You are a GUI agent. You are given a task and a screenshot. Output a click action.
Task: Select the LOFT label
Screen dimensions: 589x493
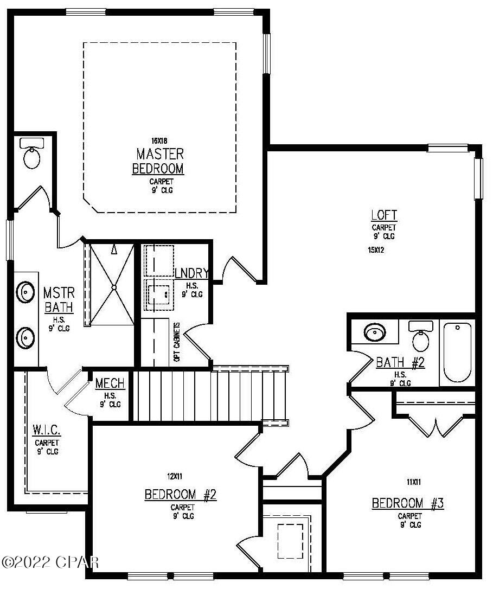(384, 215)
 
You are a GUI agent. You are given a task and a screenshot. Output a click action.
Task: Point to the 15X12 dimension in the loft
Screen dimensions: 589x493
(376, 250)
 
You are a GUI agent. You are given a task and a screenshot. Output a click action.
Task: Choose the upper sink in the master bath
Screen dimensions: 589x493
(26, 292)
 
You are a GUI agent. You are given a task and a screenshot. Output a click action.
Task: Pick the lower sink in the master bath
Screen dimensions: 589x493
(26, 338)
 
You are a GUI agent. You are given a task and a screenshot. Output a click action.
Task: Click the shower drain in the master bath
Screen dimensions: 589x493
(114, 286)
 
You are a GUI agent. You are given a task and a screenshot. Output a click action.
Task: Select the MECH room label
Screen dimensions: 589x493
(110, 383)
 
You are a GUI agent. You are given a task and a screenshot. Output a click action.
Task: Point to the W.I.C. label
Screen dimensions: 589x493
(46, 430)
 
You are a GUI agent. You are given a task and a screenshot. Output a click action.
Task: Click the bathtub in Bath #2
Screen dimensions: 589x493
(459, 352)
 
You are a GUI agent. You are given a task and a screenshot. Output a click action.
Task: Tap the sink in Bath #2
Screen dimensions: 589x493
(374, 332)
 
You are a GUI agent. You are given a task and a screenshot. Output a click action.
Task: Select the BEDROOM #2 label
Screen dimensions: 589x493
(181, 495)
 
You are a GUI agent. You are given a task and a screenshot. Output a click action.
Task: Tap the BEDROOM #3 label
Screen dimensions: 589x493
(408, 503)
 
